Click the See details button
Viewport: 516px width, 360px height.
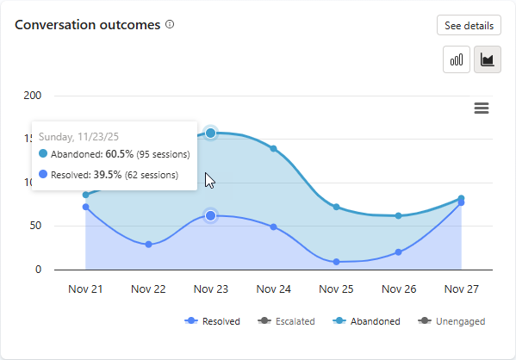pyautogui.click(x=469, y=26)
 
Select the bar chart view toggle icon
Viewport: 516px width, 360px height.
pyautogui.click(x=457, y=60)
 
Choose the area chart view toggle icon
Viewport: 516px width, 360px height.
pyautogui.click(x=488, y=60)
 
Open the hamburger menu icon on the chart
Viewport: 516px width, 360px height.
pyautogui.click(x=482, y=108)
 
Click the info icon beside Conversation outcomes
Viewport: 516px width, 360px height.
pyautogui.click(x=170, y=24)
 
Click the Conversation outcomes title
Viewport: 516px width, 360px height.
pyautogui.click(x=88, y=25)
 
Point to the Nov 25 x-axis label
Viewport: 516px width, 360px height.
pyautogui.click(x=336, y=289)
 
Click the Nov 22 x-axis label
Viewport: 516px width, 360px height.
pyautogui.click(x=148, y=289)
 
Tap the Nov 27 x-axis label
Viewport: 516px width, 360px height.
pyautogui.click(x=462, y=289)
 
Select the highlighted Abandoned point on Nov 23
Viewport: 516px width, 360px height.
pyautogui.click(x=211, y=133)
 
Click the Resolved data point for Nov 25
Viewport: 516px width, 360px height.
pyautogui.click(x=336, y=261)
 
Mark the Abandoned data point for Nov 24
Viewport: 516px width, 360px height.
pyautogui.click(x=274, y=148)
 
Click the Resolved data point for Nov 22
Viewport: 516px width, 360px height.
pyautogui.click(x=148, y=245)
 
